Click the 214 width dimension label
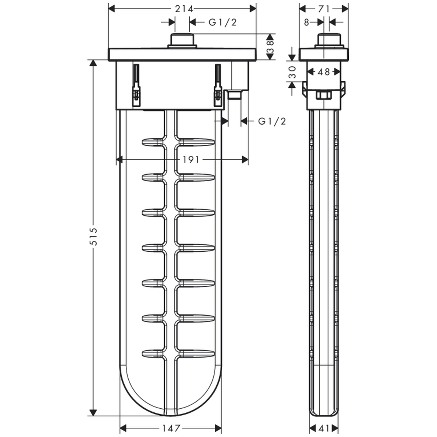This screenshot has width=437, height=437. pyautogui.click(x=184, y=9)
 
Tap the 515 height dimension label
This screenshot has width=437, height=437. pyautogui.click(x=93, y=236)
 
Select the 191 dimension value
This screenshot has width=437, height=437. pyautogui.click(x=191, y=160)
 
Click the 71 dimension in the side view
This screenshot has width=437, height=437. pyautogui.click(x=324, y=9)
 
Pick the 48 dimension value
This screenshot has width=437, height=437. pyautogui.click(x=324, y=72)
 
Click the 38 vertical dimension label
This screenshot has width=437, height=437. pyautogui.click(x=270, y=47)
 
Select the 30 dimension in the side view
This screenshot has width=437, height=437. pyautogui.click(x=292, y=72)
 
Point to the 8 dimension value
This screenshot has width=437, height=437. pyautogui.click(x=307, y=22)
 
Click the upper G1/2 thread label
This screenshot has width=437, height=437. pyautogui.click(x=223, y=22)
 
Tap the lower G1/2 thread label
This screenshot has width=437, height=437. pyautogui.click(x=272, y=121)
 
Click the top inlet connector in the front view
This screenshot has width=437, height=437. pyautogui.click(x=182, y=41)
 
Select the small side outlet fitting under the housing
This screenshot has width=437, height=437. pyautogui.click(x=235, y=95)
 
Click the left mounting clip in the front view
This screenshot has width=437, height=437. pyautogui.click(x=136, y=85)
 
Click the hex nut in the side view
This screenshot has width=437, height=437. pyautogui.click(x=323, y=95)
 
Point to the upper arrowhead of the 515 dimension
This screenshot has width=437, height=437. pyautogui.click(x=93, y=63)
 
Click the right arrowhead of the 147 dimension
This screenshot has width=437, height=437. pyautogui.click(x=218, y=428)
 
